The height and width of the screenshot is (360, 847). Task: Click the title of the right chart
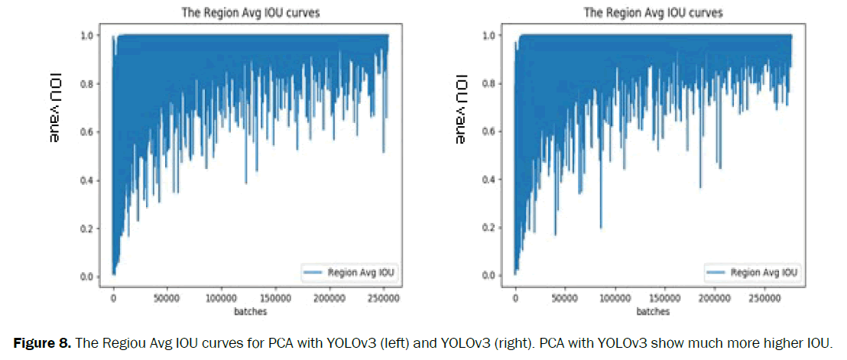click(653, 12)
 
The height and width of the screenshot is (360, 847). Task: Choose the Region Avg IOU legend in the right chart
click(755, 271)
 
